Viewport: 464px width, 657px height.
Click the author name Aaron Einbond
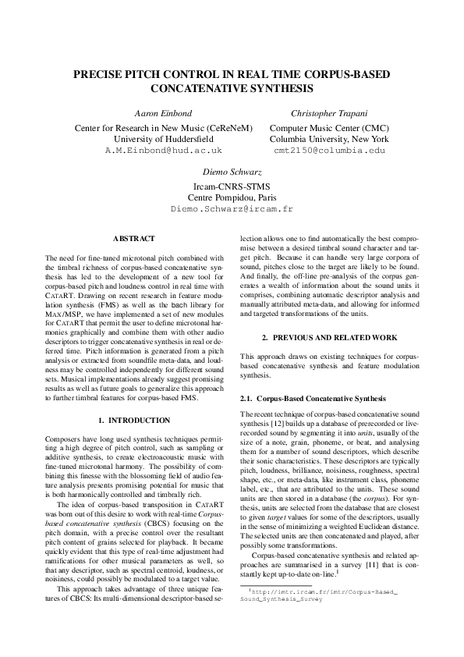163,112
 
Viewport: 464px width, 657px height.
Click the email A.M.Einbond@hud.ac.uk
163,148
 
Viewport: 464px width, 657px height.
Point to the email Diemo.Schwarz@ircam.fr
232,209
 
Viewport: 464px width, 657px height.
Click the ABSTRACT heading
134,238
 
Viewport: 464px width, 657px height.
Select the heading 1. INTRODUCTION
134,420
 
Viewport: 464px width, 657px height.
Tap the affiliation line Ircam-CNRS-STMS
232,186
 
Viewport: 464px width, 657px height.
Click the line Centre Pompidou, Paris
232,197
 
